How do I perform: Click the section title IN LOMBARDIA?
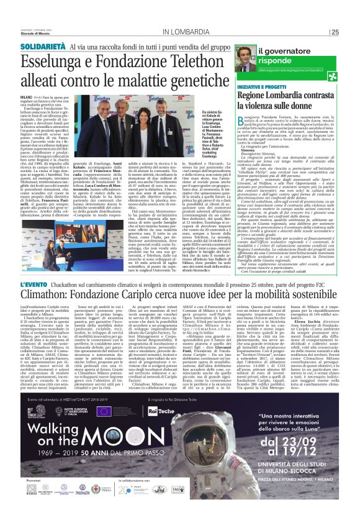tap(190, 32)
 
